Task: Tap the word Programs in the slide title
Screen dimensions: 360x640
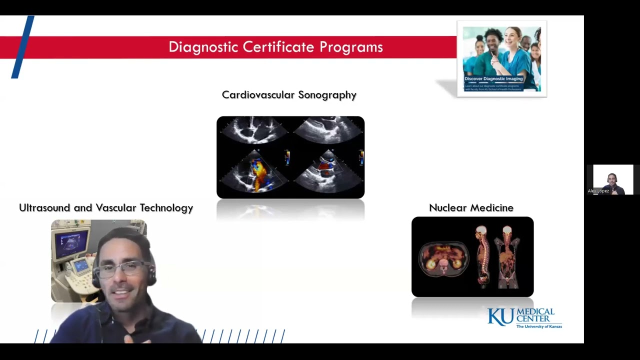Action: point(351,47)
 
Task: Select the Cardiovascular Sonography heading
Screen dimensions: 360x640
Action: point(289,95)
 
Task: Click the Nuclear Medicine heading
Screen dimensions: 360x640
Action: point(471,208)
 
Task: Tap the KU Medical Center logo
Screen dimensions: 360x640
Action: point(524,318)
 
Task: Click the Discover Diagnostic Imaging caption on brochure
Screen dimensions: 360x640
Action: point(493,78)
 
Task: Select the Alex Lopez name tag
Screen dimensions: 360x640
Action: point(598,191)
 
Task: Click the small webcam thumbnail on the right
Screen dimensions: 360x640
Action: point(613,179)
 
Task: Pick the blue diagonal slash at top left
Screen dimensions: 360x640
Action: point(23,47)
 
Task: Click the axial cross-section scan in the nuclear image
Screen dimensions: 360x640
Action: point(443,258)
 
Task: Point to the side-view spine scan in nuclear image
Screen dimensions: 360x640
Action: point(481,257)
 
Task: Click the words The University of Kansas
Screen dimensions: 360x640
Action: point(539,326)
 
